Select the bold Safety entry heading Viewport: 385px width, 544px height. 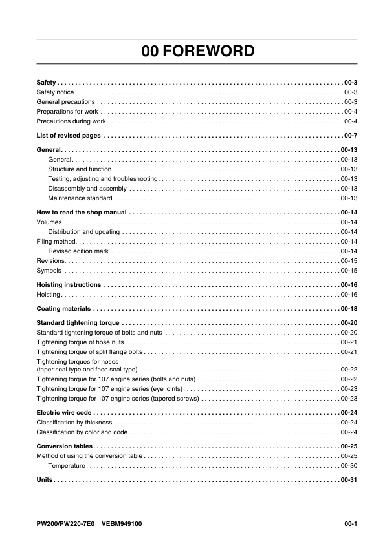[46, 83]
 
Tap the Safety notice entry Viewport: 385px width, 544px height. [56, 92]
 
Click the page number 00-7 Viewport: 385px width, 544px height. [350, 135]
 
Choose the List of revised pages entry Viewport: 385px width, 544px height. [69, 135]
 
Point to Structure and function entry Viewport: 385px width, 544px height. [80, 169]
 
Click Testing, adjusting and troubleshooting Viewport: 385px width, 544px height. [103, 178]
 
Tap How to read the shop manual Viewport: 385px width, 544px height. [81, 212]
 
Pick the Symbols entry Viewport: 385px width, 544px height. [49, 270]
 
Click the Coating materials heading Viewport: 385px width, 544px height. [63, 308]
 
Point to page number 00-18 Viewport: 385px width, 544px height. [349, 308]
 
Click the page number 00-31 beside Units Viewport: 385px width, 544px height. [349, 480]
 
